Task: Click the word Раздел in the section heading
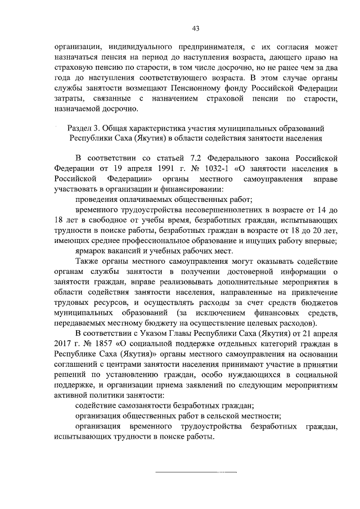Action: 81,129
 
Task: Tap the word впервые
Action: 322,241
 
